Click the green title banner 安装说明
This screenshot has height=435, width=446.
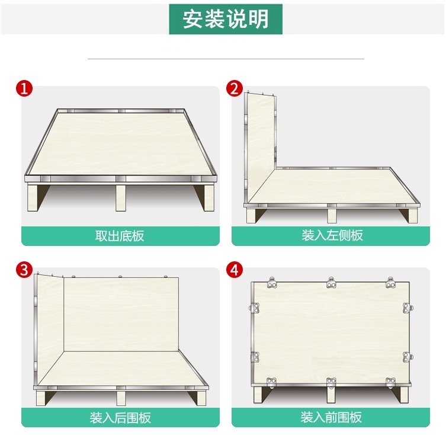pos(225,19)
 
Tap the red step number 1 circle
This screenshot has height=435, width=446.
pos(24,89)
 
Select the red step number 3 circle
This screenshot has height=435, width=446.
pos(24,270)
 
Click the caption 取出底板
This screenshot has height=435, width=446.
pos(120,236)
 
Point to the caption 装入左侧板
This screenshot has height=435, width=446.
pos(332,236)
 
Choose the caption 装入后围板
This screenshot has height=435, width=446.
pos(120,417)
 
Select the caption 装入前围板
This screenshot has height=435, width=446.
pos(332,417)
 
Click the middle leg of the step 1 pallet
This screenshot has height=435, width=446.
pos(121,198)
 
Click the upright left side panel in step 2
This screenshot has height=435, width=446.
pos(261,145)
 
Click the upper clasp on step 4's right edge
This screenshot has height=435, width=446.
pos(407,308)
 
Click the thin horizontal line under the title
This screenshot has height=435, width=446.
pos(225,59)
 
